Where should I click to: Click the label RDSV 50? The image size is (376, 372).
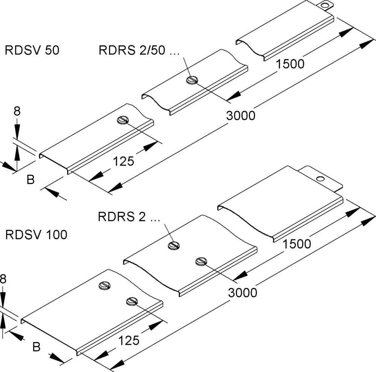pyautogui.click(x=32, y=50)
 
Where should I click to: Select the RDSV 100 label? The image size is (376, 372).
pyautogui.click(x=36, y=235)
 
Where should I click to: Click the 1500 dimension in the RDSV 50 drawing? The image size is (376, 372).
pyautogui.click(x=290, y=64)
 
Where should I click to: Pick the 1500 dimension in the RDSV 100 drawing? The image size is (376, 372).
pyautogui.click(x=297, y=244)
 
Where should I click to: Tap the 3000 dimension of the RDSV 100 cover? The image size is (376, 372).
pyautogui.click(x=243, y=292)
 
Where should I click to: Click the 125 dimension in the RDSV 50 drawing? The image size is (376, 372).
pyautogui.click(x=124, y=162)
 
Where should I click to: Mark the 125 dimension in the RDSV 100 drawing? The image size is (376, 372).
pyautogui.click(x=129, y=340)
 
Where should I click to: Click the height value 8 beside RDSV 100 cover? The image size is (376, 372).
pyautogui.click(x=3, y=279)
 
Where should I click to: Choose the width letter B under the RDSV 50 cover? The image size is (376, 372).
pyautogui.click(x=30, y=180)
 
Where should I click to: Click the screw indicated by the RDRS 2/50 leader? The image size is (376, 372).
pyautogui.click(x=192, y=80)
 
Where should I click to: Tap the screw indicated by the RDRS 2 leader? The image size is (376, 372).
pyautogui.click(x=174, y=245)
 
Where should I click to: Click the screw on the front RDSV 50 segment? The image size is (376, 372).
pyautogui.click(x=123, y=120)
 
